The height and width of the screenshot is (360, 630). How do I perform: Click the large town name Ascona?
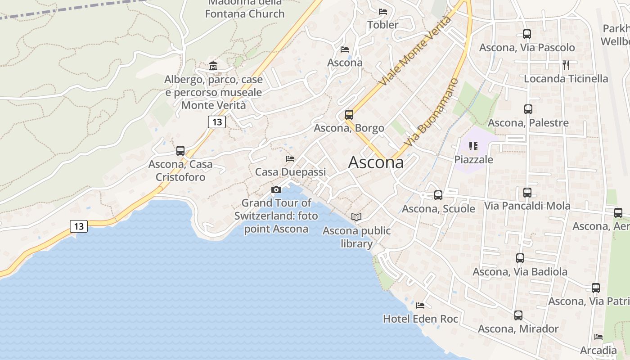click(376, 162)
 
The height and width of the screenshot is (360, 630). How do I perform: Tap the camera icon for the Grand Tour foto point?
click(276, 190)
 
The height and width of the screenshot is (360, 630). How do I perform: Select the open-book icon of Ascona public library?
click(356, 217)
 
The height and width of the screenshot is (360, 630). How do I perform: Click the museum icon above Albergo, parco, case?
click(213, 66)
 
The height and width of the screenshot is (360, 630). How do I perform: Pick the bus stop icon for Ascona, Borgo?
click(349, 115)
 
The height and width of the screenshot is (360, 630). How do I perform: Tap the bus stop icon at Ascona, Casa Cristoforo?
click(180, 151)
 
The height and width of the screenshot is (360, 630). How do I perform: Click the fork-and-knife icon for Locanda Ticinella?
click(566, 65)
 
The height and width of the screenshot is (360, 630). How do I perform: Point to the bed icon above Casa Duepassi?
click(290, 159)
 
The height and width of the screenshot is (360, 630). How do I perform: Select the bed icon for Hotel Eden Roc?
click(420, 306)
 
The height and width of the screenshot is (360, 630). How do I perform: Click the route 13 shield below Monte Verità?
click(217, 121)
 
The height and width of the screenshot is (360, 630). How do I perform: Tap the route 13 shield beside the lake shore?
click(79, 226)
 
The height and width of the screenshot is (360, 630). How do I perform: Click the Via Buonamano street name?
click(431, 112)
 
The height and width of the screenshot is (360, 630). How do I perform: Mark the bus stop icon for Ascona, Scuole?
click(438, 195)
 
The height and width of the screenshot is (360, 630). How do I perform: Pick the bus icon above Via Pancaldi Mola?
click(527, 193)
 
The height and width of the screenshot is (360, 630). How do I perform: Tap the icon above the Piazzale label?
click(473, 146)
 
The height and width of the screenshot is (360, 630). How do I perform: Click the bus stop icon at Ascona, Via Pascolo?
click(527, 34)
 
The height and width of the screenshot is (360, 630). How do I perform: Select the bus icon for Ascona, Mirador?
click(518, 315)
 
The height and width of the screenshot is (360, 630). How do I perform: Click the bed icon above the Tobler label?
click(383, 12)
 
